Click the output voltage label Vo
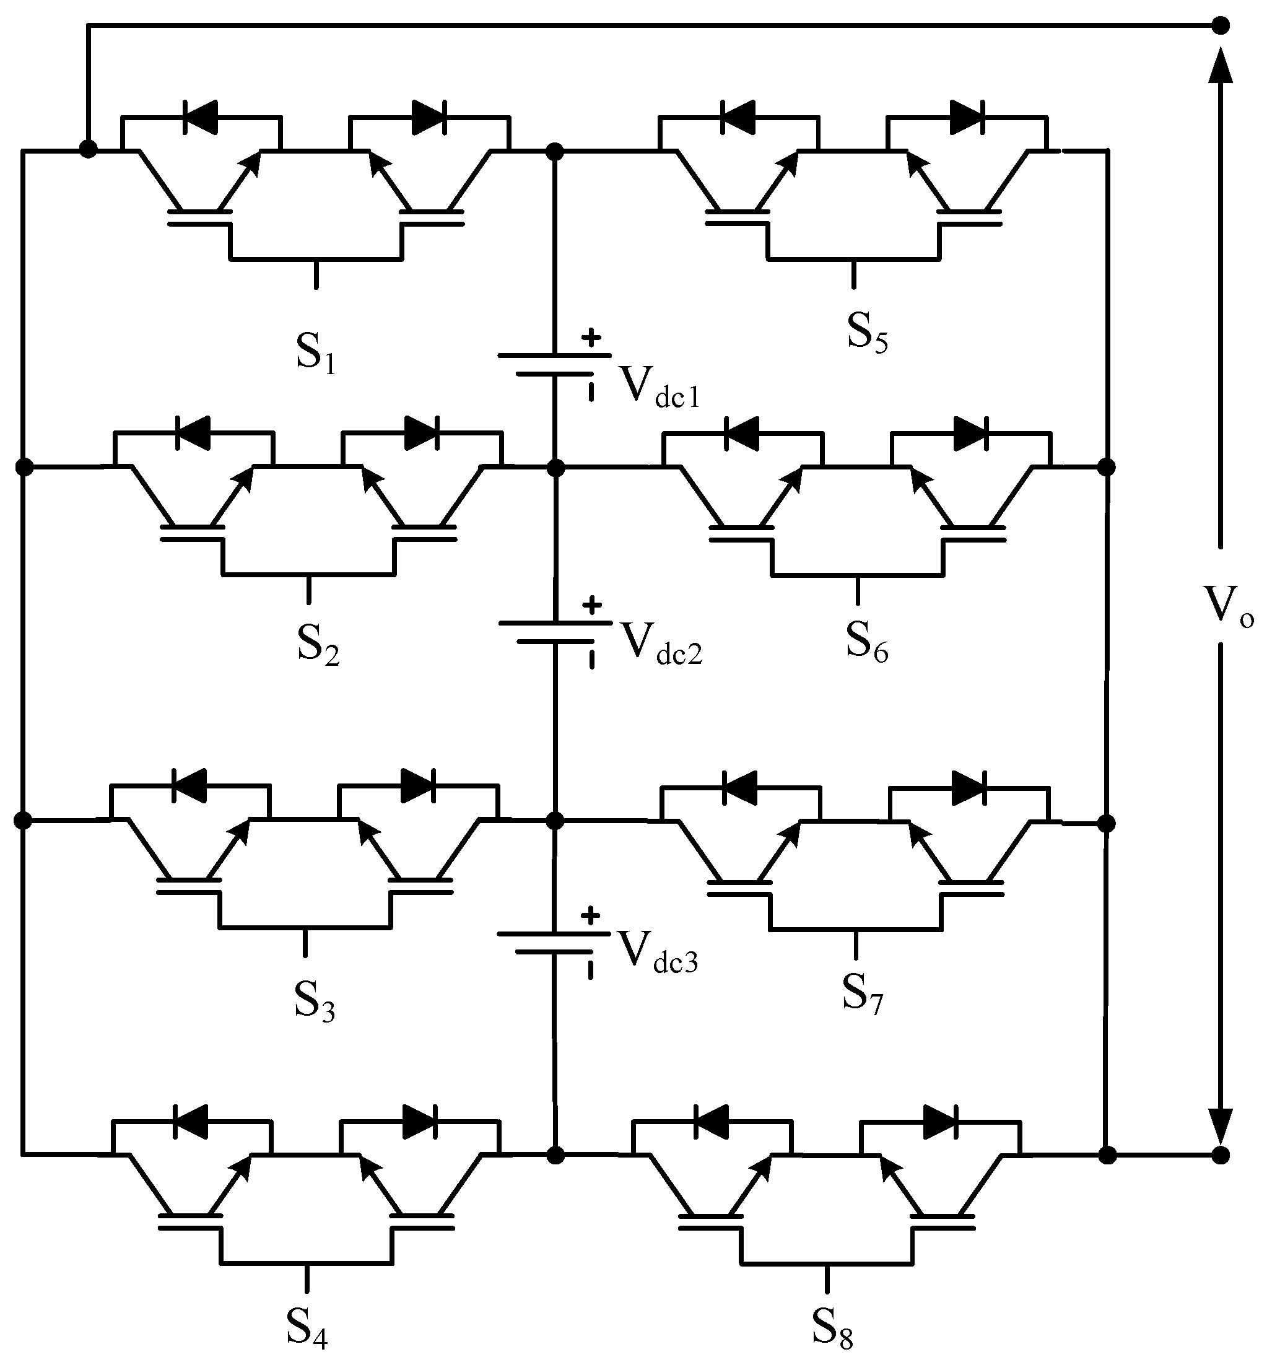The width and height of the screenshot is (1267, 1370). [x=1228, y=604]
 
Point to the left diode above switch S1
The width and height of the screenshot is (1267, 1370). [x=200, y=116]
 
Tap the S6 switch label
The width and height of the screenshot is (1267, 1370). [x=866, y=642]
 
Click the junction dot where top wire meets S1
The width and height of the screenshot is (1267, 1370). [x=88, y=149]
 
